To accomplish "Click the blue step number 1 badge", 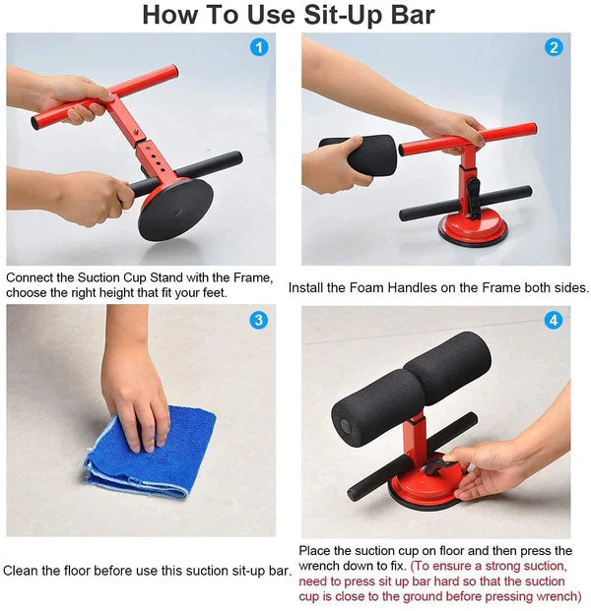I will tap(259, 47).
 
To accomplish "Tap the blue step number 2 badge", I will tap(554, 47).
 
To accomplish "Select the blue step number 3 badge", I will tap(259, 320).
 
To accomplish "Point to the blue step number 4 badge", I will tap(554, 320).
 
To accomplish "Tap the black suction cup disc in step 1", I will tap(175, 209).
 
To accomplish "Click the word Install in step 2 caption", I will tap(308, 288).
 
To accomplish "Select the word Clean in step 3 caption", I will tap(20, 571).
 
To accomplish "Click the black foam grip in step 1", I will tap(202, 165).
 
